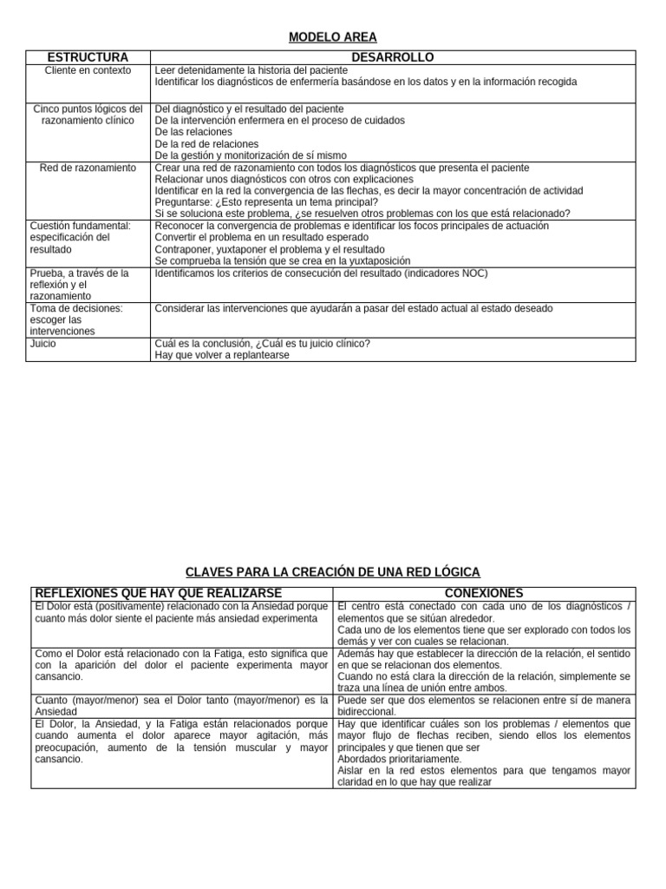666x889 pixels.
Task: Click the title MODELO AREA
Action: pyautogui.click(x=332, y=36)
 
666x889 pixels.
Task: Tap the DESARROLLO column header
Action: pyautogui.click(x=392, y=57)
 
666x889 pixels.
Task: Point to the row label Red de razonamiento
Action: pyautogui.click(x=88, y=168)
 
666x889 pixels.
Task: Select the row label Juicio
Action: pyautogui.click(x=43, y=343)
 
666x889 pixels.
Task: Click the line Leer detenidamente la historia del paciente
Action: pyautogui.click(x=251, y=70)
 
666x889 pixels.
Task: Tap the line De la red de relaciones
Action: pyautogui.click(x=206, y=144)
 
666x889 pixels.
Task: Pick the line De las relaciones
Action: pyautogui.click(x=193, y=132)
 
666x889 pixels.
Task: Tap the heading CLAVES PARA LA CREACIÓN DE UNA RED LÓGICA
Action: pyautogui.click(x=333, y=572)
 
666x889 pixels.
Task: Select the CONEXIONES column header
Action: pyautogui.click(x=483, y=592)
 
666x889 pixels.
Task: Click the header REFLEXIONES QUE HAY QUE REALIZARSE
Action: pyautogui.click(x=157, y=592)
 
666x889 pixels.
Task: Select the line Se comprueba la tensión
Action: pyautogui.click(x=270, y=260)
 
